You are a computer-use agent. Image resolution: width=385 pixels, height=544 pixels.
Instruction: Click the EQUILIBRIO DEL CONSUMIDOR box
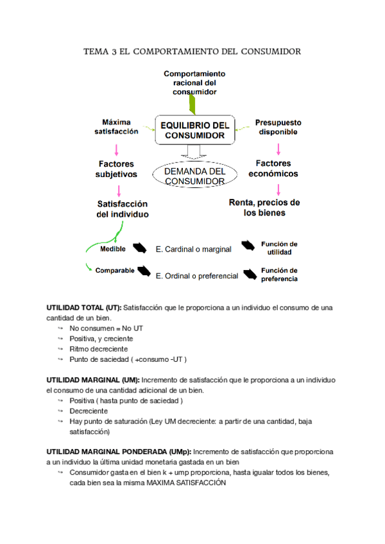click(194, 130)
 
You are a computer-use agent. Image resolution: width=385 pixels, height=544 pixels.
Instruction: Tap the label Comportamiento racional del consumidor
click(194, 83)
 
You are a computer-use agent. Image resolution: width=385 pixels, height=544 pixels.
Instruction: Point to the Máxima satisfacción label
click(116, 126)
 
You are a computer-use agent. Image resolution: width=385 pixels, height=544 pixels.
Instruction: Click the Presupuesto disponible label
click(278, 127)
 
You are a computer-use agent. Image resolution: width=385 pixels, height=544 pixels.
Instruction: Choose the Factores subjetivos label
click(116, 169)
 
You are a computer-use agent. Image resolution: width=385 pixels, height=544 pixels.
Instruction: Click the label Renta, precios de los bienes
click(264, 207)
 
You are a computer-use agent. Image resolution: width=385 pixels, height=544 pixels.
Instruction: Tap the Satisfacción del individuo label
click(123, 208)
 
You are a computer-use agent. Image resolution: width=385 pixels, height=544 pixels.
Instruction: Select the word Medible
click(113, 249)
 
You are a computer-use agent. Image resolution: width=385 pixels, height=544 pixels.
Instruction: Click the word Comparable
click(115, 270)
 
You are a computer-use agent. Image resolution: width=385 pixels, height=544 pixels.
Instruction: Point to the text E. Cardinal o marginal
click(193, 249)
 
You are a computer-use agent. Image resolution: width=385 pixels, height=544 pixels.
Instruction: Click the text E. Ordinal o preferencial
click(197, 276)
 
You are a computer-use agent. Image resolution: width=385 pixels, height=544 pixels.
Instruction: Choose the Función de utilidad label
click(278, 248)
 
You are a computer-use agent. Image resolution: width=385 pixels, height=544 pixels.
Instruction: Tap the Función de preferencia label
click(278, 274)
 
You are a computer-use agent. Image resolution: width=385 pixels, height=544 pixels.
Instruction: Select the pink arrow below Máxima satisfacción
click(116, 149)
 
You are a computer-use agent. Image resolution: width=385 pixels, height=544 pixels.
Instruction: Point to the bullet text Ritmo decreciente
click(99, 349)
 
